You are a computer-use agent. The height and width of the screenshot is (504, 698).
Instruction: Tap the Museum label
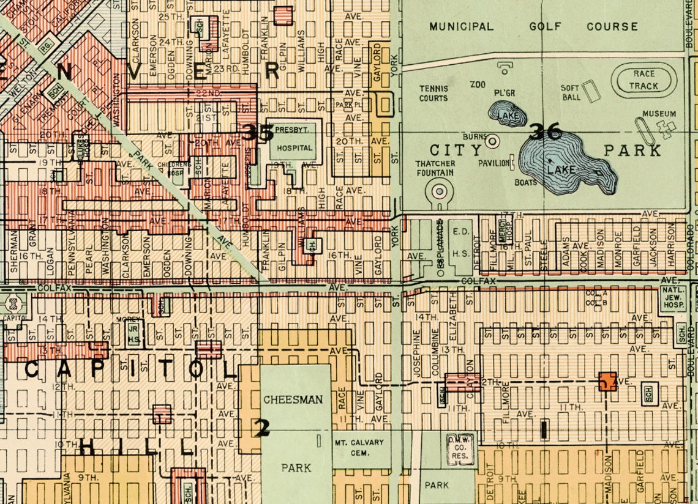[659, 114]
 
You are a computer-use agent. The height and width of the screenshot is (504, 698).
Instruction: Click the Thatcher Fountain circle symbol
[439, 191]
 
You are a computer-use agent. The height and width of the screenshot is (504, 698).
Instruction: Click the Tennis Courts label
[433, 93]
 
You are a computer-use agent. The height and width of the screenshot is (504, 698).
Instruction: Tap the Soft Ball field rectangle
[590, 92]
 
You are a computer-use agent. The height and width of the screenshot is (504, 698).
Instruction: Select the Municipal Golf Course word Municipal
[461, 27]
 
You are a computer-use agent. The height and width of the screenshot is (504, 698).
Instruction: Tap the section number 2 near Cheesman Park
[262, 429]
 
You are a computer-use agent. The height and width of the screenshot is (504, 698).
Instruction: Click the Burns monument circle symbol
[493, 140]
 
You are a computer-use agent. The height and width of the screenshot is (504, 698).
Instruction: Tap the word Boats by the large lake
[525, 182]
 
